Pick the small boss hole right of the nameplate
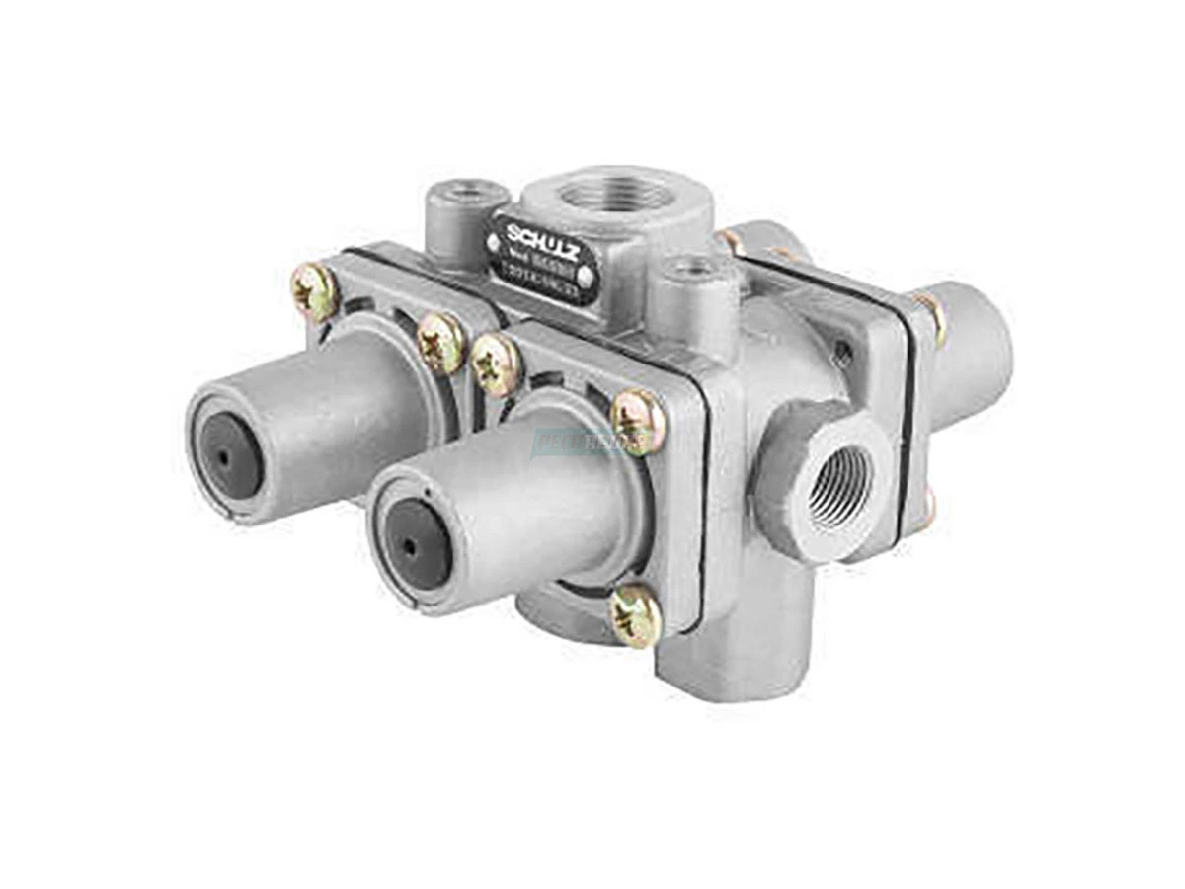pyautogui.click(x=698, y=265)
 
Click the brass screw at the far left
pyautogui.click(x=316, y=292)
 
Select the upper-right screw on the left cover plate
pyautogui.click(x=440, y=342)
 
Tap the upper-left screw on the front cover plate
pyautogui.click(x=496, y=363)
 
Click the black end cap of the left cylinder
pyautogui.click(x=225, y=455)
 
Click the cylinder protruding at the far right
pyautogui.click(x=973, y=346)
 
